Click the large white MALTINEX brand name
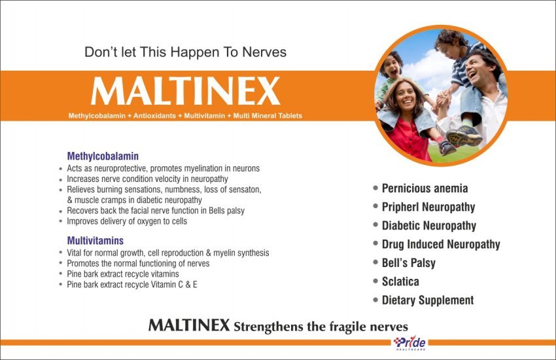[186, 91]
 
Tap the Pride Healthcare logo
[409, 342]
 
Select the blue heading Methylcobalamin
[103, 156]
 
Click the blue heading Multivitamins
[96, 240]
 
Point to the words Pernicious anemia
[425, 189]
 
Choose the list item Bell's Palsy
[408, 263]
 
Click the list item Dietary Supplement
[428, 300]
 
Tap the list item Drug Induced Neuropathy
[441, 244]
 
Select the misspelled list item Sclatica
[400, 281]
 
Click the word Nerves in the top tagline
[264, 52]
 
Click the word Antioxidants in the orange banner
[154, 116]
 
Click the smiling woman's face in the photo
[406, 97]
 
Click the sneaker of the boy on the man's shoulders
[464, 136]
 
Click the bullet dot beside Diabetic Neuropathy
[375, 225]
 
